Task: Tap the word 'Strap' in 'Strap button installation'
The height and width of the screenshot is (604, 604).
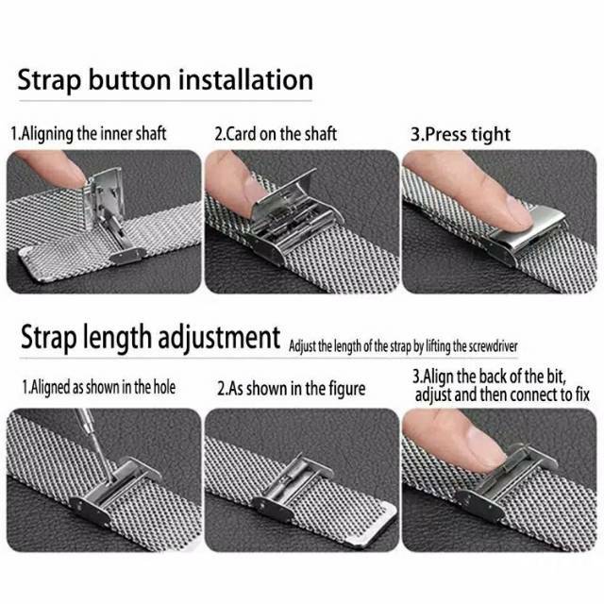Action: click(x=49, y=81)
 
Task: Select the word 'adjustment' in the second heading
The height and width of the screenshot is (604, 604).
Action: click(x=219, y=338)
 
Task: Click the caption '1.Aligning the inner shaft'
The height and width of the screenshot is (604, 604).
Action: click(x=89, y=134)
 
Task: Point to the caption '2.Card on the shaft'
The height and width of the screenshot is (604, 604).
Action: click(x=276, y=134)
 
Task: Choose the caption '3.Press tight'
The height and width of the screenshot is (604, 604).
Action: click(x=461, y=134)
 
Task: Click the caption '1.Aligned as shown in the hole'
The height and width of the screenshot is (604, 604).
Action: click(x=98, y=387)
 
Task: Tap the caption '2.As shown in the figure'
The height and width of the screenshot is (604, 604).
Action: click(x=292, y=388)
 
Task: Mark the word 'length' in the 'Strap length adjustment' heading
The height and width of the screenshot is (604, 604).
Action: click(x=117, y=338)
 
